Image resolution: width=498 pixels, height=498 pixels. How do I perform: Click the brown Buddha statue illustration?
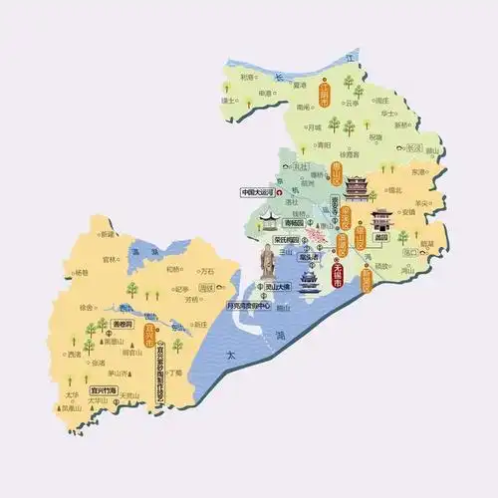pyautogui.click(x=267, y=262)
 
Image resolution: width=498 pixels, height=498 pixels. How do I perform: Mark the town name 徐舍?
pyautogui.click(x=88, y=307)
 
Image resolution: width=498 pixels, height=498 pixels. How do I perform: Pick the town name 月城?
pyautogui.click(x=313, y=126)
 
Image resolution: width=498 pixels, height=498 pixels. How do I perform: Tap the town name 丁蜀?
pyautogui.click(x=177, y=372)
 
